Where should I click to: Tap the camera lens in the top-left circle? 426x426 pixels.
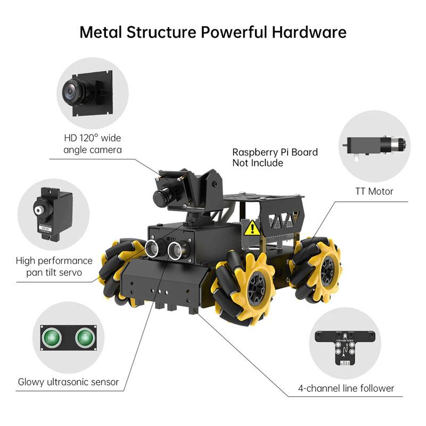71,92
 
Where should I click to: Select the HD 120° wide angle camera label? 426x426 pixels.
92,144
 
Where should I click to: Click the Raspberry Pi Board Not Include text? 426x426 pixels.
275,158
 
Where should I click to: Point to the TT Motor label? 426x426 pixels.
374,191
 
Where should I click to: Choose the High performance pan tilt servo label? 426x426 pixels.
54,267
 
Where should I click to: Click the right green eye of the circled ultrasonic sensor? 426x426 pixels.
84,337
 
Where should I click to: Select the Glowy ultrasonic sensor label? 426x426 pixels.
68,382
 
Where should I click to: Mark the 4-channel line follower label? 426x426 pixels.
346,388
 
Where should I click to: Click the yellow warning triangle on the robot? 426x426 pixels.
252,228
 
